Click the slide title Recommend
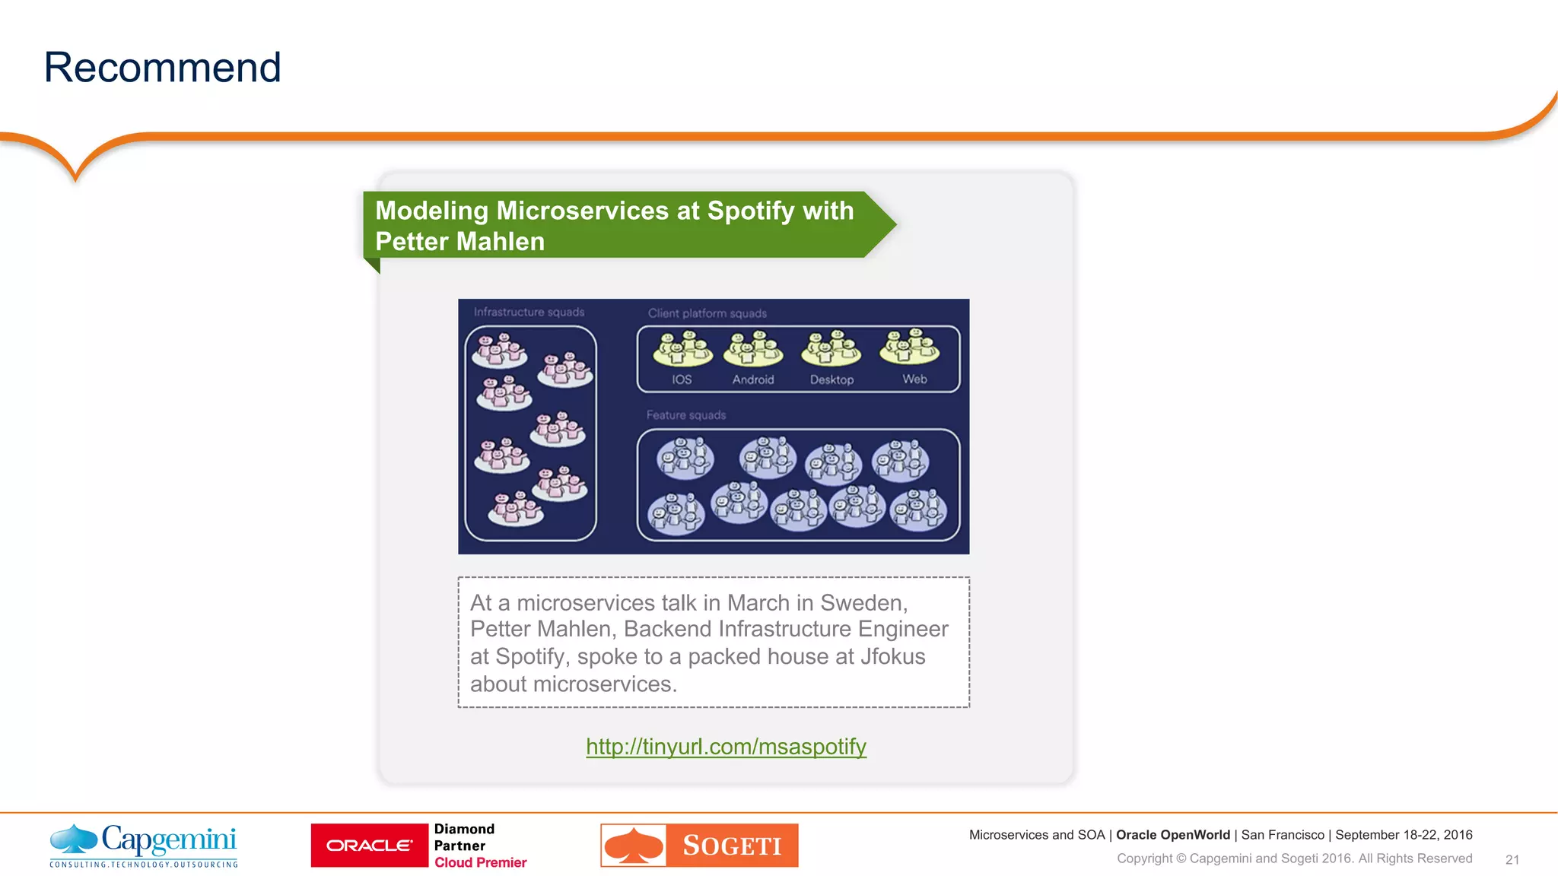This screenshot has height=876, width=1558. [162, 68]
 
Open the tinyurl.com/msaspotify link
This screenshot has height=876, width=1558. [726, 747]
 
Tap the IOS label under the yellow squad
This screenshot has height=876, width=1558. [682, 379]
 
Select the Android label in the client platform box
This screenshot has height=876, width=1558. [753, 379]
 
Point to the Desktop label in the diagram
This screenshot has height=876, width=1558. [831, 379]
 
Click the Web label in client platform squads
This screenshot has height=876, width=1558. [914, 379]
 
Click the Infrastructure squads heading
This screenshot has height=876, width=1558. [529, 312]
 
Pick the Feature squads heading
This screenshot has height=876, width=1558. [686, 415]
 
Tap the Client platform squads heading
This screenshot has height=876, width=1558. [707, 313]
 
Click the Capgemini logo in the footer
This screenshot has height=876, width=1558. [144, 845]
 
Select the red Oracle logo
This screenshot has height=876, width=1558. [370, 846]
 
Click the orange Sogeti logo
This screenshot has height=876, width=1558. [699, 845]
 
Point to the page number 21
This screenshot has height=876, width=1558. [1512, 859]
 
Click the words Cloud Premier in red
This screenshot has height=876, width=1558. [480, 862]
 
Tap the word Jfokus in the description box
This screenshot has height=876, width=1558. [892, 656]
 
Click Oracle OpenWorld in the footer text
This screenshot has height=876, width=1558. [1172, 835]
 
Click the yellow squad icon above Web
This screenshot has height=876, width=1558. [910, 347]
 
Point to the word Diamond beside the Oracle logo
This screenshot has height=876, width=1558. [464, 829]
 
